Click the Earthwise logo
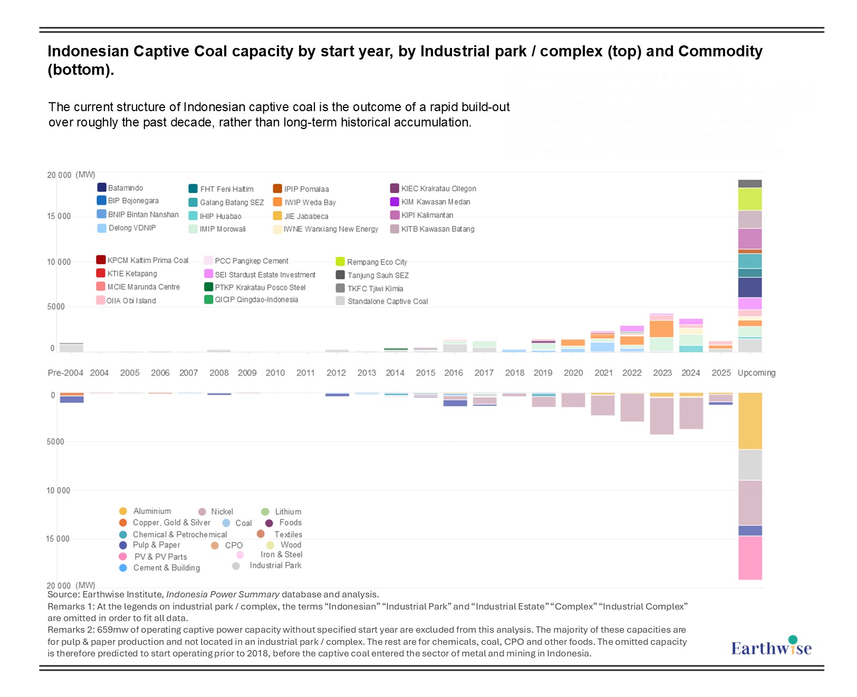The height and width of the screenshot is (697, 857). (771, 647)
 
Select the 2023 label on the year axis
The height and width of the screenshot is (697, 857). (662, 373)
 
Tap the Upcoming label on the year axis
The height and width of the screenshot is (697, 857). (756, 373)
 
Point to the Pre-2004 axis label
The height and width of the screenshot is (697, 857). (65, 373)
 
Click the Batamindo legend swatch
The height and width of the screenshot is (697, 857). (102, 188)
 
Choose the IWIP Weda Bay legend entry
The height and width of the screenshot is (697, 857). (310, 202)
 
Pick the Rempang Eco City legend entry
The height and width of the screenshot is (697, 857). (377, 262)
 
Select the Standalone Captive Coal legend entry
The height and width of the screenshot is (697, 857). (387, 301)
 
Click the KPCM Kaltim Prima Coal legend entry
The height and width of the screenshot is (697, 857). (147, 260)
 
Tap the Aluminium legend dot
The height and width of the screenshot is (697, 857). (123, 511)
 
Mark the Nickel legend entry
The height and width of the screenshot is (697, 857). (222, 512)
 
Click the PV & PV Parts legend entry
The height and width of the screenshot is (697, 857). (160, 556)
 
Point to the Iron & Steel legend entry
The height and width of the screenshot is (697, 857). (281, 554)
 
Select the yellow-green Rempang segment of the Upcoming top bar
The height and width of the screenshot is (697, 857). (750, 199)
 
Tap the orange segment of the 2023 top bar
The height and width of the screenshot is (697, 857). (661, 329)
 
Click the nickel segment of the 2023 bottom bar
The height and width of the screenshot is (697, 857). (661, 416)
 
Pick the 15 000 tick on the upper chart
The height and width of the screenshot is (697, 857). (59, 216)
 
